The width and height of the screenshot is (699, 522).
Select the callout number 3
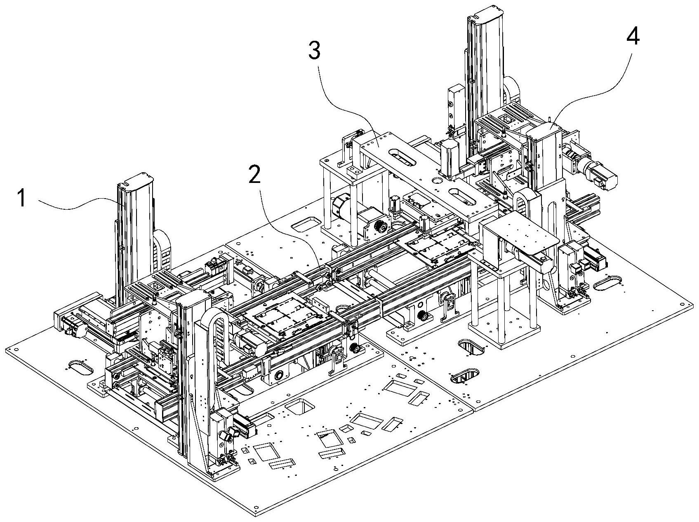(314, 51)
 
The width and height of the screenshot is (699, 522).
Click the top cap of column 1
(136, 179)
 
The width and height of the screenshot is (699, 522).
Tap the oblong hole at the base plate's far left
(81, 367)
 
